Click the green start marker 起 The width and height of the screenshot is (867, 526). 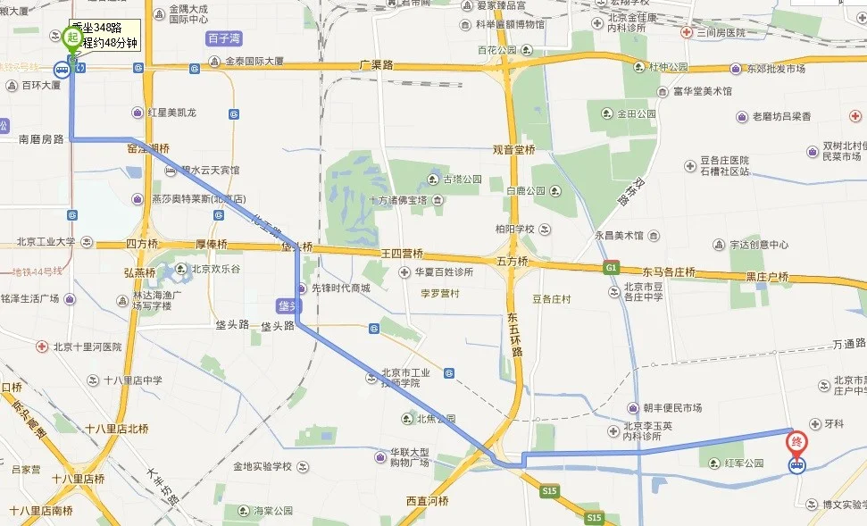pos(72,38)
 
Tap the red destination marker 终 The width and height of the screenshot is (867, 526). pos(796,441)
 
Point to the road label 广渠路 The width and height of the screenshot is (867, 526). pos(376,64)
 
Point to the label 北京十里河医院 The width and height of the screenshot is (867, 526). pos(86,346)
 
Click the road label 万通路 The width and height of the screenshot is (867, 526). pos(849,343)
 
